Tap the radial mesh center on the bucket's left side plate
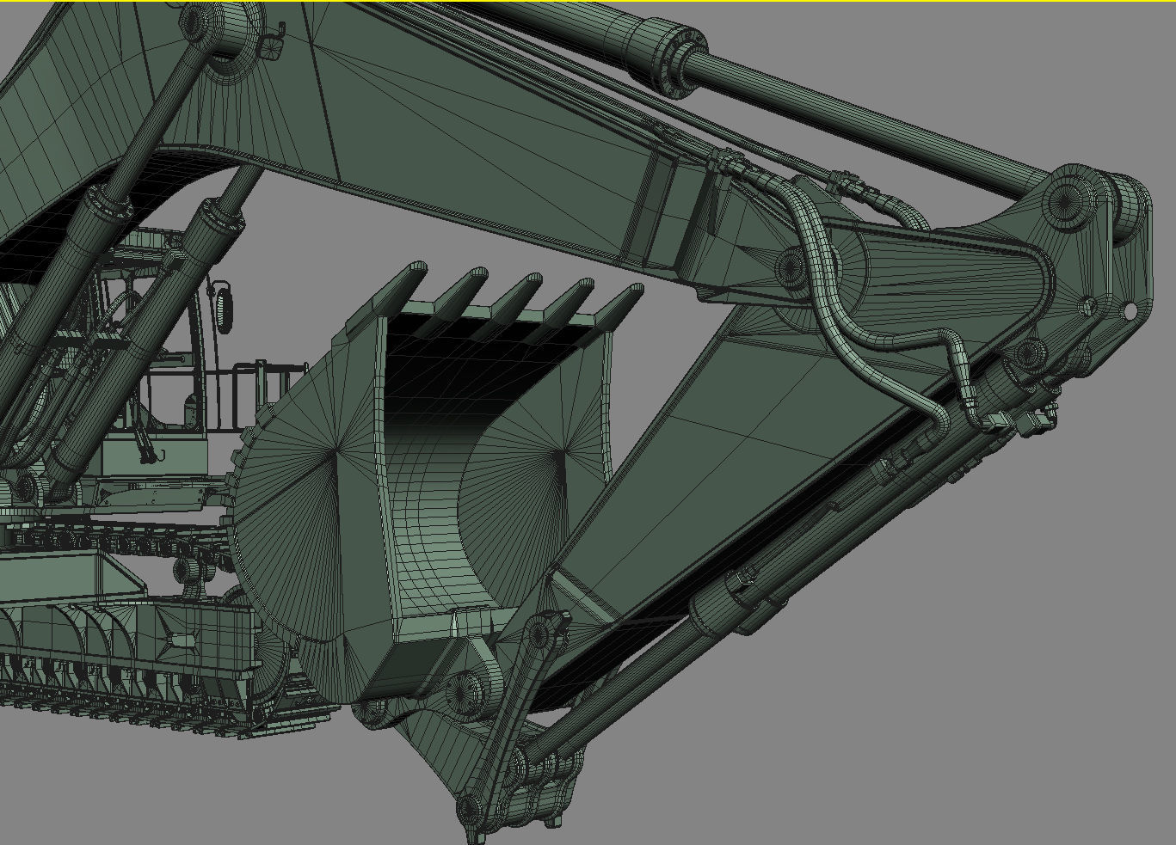tap(336, 449)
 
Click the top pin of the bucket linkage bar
tap(539, 634)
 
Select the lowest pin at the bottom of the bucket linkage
tap(469, 809)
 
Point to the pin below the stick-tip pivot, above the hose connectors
tap(1028, 352)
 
